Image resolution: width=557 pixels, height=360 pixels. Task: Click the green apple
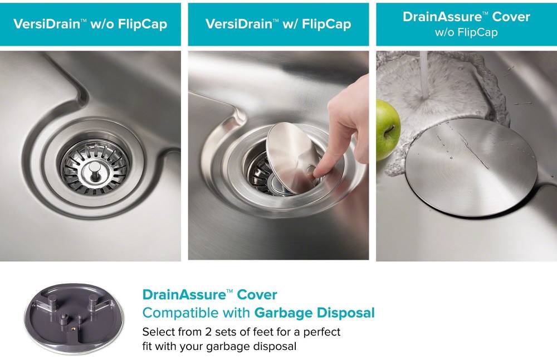coord(388,129)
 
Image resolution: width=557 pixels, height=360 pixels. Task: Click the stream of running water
coord(424,74)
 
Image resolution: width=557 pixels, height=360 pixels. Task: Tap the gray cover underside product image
coord(74,318)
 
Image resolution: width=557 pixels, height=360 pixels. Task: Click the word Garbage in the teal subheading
coord(282,313)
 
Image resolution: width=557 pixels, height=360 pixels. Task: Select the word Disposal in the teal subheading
coord(345,313)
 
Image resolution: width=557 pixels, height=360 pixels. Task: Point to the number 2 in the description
coord(208,332)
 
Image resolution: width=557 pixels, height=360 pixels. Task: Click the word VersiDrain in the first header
coord(47,24)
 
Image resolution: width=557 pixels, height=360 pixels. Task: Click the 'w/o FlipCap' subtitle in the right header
coord(466,32)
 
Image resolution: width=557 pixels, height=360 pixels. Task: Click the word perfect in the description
coord(321,332)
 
